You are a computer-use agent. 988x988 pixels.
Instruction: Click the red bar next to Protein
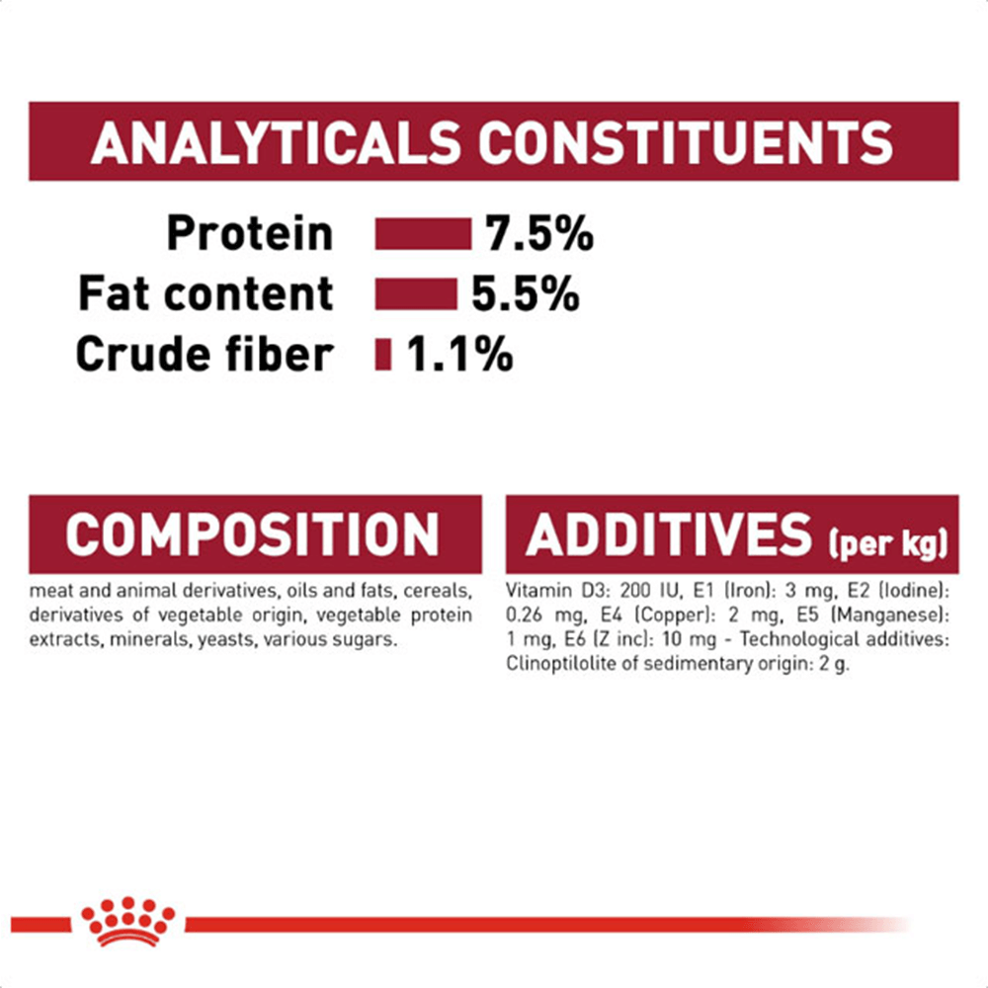[423, 234]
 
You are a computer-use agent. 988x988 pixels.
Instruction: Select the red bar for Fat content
[416, 294]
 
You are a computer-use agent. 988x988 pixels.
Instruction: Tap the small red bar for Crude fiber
[383, 354]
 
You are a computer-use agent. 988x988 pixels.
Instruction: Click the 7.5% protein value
[539, 234]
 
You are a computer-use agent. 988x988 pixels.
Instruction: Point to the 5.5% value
[526, 294]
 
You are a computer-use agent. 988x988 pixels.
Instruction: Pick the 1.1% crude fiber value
[459, 354]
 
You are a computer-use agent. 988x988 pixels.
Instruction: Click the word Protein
[250, 234]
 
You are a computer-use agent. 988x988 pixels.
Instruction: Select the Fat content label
[206, 293]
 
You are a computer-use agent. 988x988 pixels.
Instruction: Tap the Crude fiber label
[205, 354]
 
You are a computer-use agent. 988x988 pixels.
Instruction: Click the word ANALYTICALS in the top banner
[276, 142]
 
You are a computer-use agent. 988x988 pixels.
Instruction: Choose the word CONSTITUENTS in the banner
[686, 142]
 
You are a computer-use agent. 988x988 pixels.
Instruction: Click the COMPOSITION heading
[252, 535]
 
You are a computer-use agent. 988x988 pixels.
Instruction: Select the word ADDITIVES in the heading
[669, 535]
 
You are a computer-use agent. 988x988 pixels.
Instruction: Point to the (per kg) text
[888, 542]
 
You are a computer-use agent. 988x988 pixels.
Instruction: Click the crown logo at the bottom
[127, 921]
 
